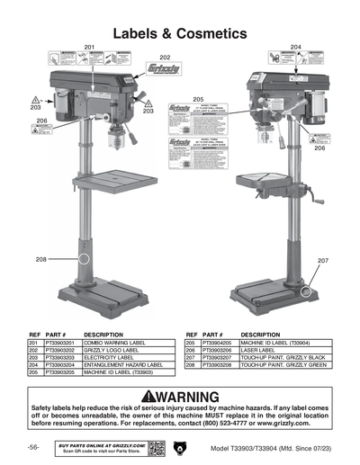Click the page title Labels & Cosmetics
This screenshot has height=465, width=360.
[x=180, y=33]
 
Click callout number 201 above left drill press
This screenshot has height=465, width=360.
[x=89, y=46]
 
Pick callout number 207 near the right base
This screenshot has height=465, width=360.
[x=323, y=260]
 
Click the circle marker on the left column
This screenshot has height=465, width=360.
[x=85, y=258]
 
